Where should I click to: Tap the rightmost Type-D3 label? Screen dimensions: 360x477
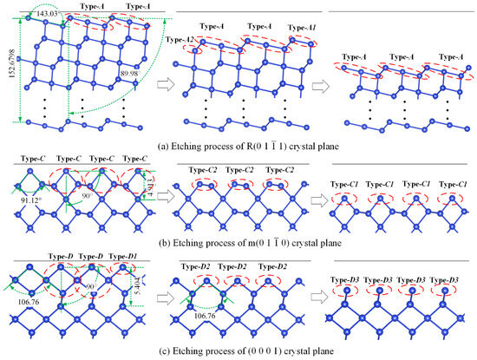tap(452, 278)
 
